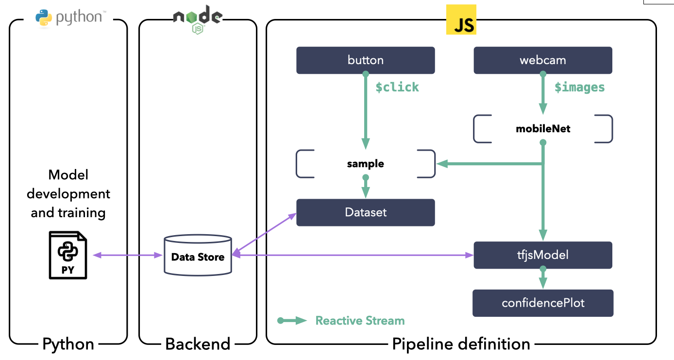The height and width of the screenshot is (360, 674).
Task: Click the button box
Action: point(365,60)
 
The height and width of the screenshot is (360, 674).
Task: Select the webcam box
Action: point(542,60)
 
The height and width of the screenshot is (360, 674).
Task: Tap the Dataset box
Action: point(365,212)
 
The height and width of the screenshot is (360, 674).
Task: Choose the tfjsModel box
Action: point(542,255)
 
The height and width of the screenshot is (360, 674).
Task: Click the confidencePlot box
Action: point(542,303)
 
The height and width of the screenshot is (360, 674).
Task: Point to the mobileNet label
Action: point(542,129)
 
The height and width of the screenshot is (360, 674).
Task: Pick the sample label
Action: point(365,164)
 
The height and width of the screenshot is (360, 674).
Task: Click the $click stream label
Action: point(397,87)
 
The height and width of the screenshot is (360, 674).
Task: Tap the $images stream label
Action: point(579,87)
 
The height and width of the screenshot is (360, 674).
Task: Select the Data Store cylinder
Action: point(198,256)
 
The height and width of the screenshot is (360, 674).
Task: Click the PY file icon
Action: point(68,256)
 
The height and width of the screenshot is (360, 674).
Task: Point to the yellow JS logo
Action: point(461,20)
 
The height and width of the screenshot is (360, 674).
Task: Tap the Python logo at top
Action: point(68,17)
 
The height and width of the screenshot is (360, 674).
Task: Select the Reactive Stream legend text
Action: point(360,321)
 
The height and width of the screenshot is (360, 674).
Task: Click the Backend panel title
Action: point(198,344)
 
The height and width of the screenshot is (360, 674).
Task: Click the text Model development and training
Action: point(68,194)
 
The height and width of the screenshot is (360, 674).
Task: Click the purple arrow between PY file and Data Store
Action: point(127,256)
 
